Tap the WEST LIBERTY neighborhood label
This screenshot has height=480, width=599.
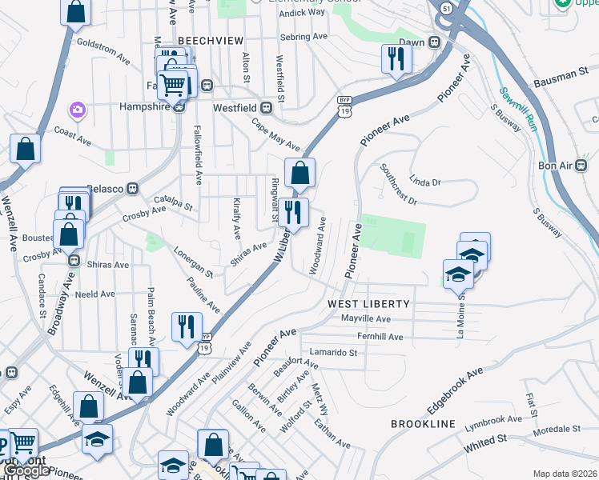368,304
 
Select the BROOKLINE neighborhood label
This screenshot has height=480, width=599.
423,423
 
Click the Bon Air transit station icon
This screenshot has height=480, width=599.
582,166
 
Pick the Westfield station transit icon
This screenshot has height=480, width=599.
281,106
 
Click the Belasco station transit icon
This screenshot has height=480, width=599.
133,189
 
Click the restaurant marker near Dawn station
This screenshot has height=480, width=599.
396,58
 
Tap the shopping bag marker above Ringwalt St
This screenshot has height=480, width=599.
299,172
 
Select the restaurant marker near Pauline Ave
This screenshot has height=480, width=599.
187,326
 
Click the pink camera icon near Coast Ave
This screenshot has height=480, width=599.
78,109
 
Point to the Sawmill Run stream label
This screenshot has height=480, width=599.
517,109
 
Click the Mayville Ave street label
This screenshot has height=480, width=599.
365,318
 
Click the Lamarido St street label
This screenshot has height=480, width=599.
331,352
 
